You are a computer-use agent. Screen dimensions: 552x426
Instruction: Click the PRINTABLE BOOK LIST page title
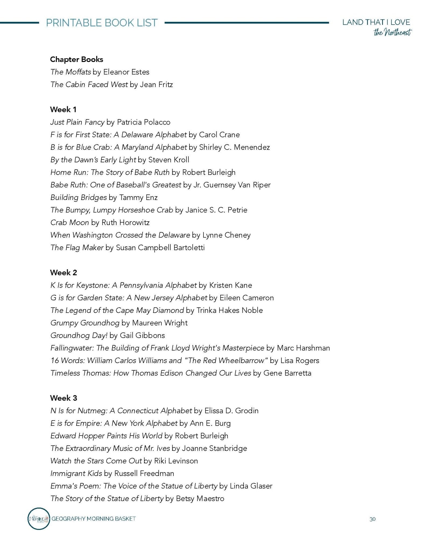(x=102, y=23)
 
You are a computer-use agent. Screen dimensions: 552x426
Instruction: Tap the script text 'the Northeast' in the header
(x=392, y=33)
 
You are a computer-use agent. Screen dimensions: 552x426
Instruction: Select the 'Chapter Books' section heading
(x=76, y=59)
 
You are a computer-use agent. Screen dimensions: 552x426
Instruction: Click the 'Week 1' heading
(x=63, y=109)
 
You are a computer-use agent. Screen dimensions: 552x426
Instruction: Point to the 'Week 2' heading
(x=64, y=272)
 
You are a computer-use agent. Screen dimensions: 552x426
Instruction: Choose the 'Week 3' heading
(x=64, y=398)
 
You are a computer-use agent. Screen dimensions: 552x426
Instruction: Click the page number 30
(x=372, y=519)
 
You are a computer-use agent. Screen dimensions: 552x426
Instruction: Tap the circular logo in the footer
(x=39, y=519)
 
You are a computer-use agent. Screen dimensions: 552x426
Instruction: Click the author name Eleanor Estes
(x=126, y=72)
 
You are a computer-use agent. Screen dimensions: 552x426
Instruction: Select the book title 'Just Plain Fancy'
(x=77, y=122)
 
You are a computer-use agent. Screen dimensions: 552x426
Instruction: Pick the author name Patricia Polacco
(x=143, y=122)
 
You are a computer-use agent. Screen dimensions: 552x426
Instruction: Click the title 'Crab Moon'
(x=69, y=222)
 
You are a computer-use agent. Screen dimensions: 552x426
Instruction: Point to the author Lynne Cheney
(x=226, y=235)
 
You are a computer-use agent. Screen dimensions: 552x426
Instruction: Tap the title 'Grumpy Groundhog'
(x=85, y=323)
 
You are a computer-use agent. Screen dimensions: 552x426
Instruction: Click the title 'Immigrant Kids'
(x=76, y=473)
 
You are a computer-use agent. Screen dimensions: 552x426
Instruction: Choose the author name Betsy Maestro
(x=200, y=498)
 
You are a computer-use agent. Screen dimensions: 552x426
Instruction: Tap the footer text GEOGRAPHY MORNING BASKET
(x=94, y=519)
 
